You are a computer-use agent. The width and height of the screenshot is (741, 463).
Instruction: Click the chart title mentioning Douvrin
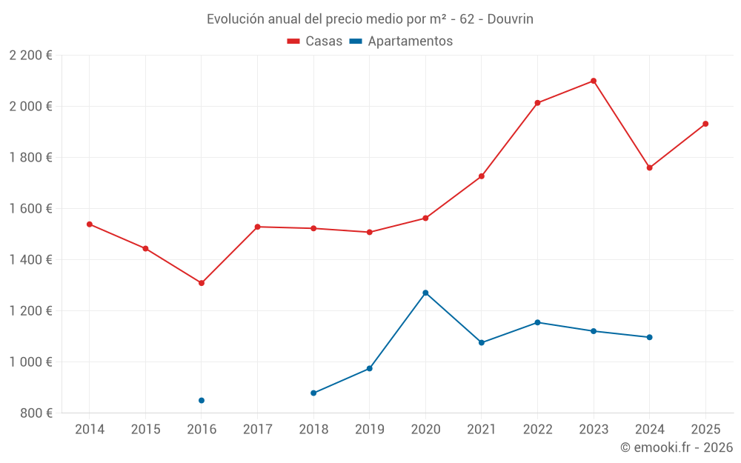click(370, 19)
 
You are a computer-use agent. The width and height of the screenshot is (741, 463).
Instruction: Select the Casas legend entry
click(315, 41)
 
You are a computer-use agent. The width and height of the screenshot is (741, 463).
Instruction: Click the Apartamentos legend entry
click(401, 41)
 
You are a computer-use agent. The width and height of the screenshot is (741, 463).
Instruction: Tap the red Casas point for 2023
click(594, 81)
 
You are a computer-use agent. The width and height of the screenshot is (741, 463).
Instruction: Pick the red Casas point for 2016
click(202, 283)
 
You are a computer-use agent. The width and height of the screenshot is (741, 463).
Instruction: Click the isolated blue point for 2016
click(202, 400)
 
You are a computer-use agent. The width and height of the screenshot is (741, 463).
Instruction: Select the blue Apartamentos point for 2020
click(425, 293)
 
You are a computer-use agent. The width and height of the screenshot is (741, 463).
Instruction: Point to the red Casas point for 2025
click(705, 124)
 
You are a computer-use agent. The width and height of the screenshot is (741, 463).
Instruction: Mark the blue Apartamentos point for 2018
click(313, 393)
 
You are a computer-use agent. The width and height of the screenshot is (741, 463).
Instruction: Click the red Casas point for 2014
click(90, 224)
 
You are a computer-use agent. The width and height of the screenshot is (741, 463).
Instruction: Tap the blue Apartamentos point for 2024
click(650, 337)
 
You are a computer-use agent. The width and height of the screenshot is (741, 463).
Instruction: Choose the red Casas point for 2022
click(537, 103)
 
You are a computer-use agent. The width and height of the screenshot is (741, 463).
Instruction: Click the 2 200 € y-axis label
click(30, 56)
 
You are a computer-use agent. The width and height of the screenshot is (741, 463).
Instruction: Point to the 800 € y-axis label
click(36, 413)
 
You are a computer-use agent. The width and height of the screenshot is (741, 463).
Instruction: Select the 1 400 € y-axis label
click(30, 260)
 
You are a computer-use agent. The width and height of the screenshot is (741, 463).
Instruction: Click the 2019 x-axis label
click(370, 429)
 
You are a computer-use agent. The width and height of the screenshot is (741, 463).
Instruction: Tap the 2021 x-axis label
click(482, 429)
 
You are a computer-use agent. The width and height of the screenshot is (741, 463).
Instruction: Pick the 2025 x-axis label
click(705, 429)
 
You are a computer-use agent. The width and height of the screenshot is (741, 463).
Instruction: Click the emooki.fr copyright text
click(676, 447)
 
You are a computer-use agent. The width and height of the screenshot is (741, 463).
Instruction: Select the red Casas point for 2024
click(650, 167)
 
